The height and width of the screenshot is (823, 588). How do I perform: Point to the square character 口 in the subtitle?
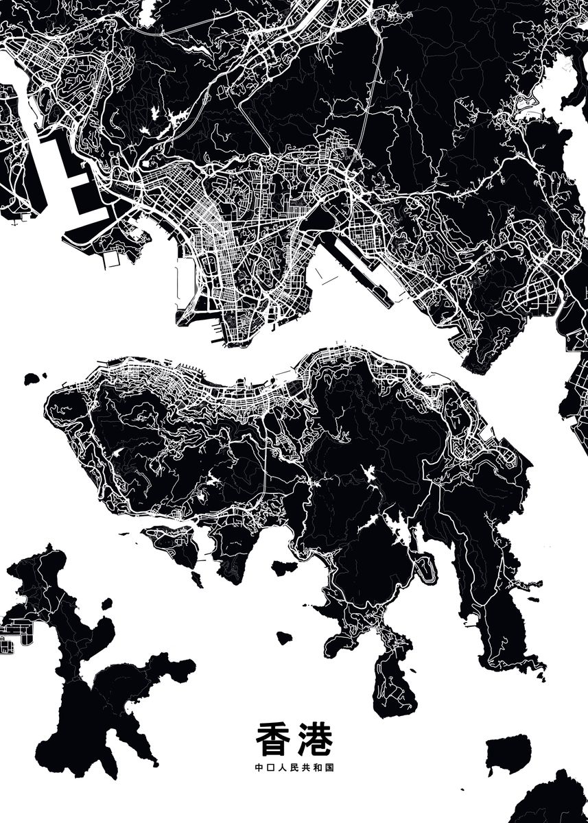point(270,768)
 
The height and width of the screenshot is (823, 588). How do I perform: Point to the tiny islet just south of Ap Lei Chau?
point(197,580)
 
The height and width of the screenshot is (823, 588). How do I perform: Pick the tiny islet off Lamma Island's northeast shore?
point(106,604)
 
